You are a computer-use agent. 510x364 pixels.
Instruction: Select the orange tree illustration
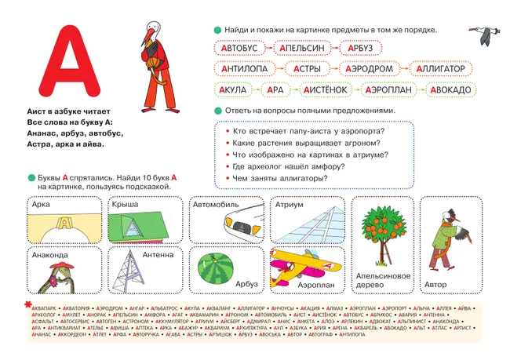[382, 232]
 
